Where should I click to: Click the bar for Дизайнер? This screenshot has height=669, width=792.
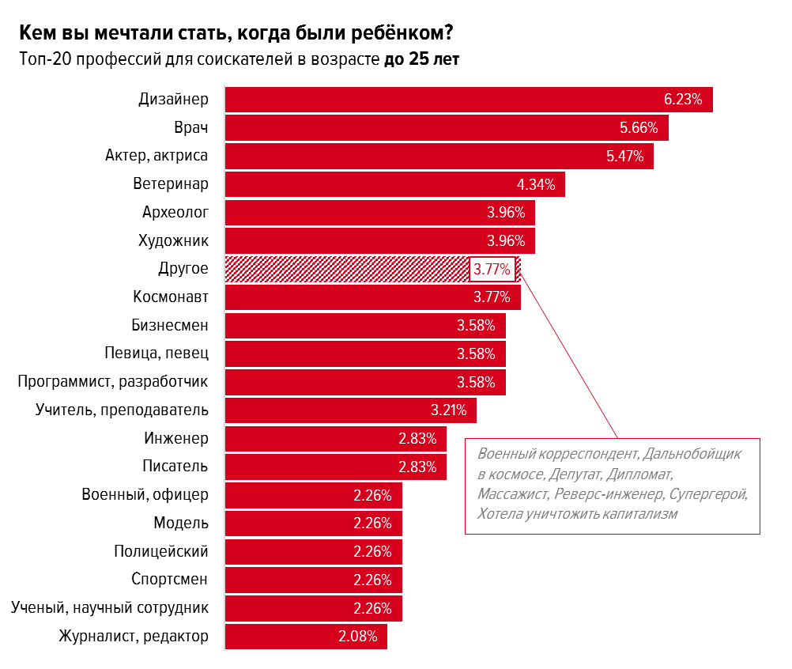(443, 100)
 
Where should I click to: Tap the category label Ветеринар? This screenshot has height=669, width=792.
(171, 184)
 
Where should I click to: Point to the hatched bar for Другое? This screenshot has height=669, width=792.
(346, 269)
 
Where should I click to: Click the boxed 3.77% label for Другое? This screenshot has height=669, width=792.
(492, 270)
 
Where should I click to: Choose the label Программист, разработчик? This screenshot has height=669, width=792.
(113, 382)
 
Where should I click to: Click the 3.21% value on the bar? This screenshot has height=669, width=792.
(448, 410)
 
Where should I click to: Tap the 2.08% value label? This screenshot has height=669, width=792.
(358, 636)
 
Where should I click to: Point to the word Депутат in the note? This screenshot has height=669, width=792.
(574, 474)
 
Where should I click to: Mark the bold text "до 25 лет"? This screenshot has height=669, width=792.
(421, 59)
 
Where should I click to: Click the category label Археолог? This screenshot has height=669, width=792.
(175, 213)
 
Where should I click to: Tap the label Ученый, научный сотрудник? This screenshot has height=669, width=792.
(110, 607)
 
